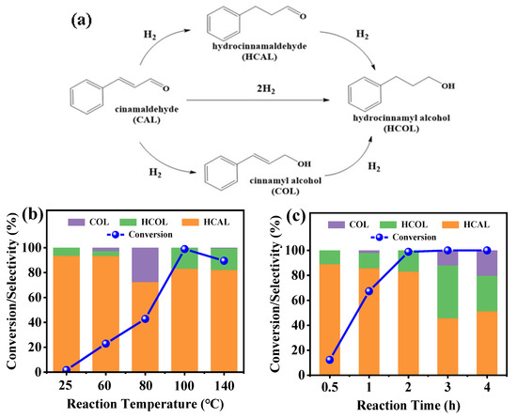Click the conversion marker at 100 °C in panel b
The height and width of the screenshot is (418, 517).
coord(184,249)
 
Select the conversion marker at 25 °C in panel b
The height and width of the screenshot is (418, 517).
coord(39,370)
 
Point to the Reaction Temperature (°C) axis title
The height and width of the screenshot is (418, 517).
coord(133,406)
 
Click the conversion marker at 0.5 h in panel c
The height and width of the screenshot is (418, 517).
coord(303,360)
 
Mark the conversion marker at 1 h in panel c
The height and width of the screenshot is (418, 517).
coord(343,291)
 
